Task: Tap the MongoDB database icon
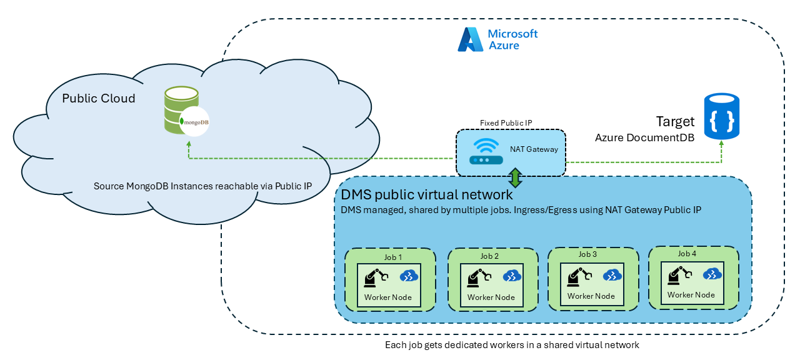tap(182, 111)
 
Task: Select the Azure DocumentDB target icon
tap(721, 116)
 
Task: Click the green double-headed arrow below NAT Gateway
tap(515, 177)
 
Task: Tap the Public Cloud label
tap(99, 99)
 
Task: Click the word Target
tap(675, 121)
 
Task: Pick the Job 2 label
tap(489, 256)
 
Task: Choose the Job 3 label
tap(587, 254)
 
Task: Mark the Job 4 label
tap(687, 254)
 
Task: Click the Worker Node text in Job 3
tap(591, 296)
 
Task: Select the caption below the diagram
tap(512, 345)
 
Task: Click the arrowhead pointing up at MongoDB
tap(189, 144)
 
